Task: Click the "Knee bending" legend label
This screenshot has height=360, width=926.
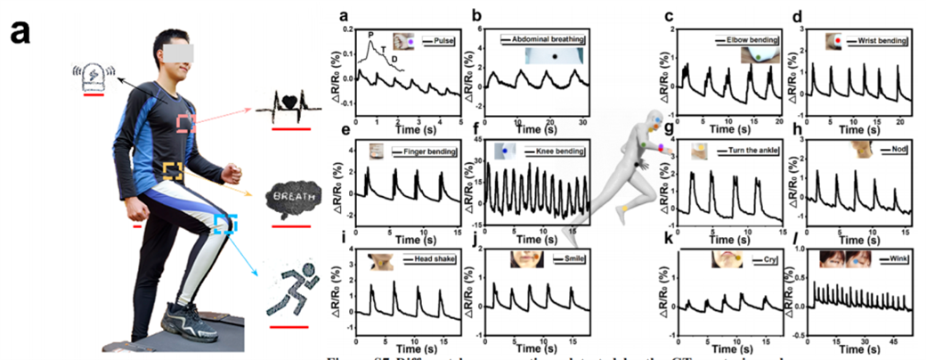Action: tap(558, 152)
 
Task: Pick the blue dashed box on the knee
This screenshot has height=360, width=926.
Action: tap(226, 223)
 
